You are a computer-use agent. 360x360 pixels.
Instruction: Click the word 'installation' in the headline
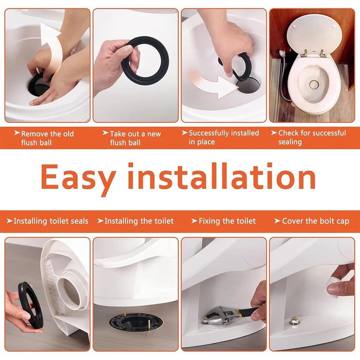(x=226, y=176)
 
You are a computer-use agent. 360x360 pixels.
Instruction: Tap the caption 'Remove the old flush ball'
(x=47, y=138)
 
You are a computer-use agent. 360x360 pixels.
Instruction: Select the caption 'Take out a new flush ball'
(x=135, y=138)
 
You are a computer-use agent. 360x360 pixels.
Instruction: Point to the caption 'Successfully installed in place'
(x=223, y=137)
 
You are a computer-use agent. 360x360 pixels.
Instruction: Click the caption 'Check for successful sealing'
(x=312, y=137)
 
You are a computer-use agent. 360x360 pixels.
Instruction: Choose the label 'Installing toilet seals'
(x=50, y=221)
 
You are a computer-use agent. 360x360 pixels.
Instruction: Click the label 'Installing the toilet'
(x=139, y=221)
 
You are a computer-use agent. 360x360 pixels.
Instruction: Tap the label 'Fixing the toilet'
(x=227, y=221)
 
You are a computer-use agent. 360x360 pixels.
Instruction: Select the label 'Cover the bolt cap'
(x=315, y=221)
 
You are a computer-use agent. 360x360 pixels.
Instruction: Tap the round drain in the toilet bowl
(x=313, y=84)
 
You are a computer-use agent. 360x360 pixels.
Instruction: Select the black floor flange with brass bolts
(x=136, y=323)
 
